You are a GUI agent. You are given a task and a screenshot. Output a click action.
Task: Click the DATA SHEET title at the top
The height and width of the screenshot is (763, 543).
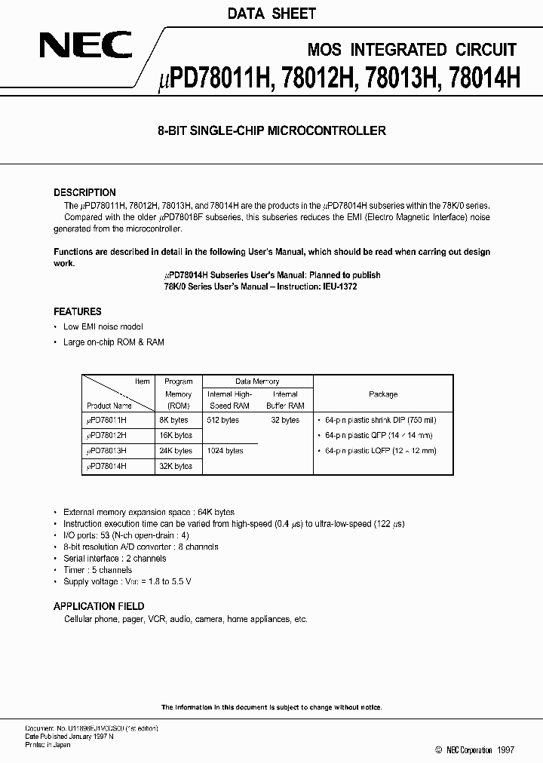[x=271, y=14]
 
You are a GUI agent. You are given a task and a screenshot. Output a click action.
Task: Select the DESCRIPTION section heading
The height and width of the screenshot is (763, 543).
[x=84, y=192]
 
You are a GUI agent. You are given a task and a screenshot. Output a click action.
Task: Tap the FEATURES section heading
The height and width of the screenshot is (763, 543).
[x=77, y=311]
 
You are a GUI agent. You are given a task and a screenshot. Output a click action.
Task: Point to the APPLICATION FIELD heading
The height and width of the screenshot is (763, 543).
[x=99, y=606]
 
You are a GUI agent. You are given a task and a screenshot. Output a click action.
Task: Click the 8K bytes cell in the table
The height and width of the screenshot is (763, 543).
[x=178, y=420]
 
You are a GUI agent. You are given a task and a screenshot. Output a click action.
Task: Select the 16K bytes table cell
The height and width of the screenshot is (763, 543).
[x=178, y=435]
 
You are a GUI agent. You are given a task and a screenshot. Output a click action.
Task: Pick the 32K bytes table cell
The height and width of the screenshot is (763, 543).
[x=178, y=466]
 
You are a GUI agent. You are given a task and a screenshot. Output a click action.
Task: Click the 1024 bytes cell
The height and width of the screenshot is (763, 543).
[x=225, y=451]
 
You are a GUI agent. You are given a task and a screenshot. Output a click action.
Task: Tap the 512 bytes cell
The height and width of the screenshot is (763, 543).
[x=222, y=420]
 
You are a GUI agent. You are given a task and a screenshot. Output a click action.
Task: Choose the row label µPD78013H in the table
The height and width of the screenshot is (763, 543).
[x=106, y=451]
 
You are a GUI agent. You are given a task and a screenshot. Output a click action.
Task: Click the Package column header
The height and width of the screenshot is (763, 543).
[x=383, y=394]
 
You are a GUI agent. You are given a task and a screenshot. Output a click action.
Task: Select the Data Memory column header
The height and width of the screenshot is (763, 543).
[x=256, y=381]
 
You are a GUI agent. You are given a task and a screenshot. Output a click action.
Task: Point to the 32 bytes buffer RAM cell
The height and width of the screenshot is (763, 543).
[x=285, y=420]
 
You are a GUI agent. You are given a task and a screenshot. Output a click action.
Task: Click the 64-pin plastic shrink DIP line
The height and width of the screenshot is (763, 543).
[x=379, y=420]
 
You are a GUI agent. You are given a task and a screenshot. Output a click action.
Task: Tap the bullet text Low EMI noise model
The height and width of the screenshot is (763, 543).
[x=103, y=326]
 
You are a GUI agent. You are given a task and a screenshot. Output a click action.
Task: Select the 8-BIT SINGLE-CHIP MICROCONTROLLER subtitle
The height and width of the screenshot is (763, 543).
[x=271, y=130]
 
